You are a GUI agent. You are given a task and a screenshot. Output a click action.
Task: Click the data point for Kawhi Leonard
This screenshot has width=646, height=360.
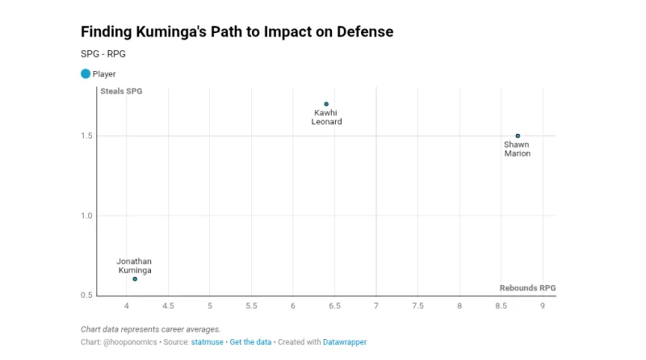pyautogui.click(x=326, y=104)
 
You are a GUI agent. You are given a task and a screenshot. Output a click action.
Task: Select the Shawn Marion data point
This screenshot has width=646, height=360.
pyautogui.click(x=518, y=136)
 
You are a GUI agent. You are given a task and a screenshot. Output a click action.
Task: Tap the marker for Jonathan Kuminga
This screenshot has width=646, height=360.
pyautogui.click(x=135, y=278)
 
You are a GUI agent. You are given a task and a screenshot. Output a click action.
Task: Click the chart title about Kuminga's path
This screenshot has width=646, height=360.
pyautogui.click(x=237, y=32)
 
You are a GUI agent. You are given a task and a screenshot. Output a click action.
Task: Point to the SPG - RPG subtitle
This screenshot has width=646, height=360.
pyautogui.click(x=103, y=54)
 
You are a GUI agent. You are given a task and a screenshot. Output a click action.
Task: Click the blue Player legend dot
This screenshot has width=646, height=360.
pyautogui.click(x=86, y=73)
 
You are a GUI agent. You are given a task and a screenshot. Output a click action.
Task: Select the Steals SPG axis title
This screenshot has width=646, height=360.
pyautogui.click(x=121, y=91)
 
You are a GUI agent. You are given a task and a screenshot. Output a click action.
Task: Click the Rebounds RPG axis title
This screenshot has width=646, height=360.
pyautogui.click(x=527, y=288)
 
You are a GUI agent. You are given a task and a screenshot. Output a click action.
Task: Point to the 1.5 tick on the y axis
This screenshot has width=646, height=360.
pyautogui.click(x=87, y=136)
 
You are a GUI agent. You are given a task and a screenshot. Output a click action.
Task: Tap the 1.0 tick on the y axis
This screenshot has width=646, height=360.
pyautogui.click(x=87, y=216)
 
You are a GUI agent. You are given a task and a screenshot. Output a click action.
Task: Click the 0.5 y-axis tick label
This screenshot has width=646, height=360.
pyautogui.click(x=87, y=295)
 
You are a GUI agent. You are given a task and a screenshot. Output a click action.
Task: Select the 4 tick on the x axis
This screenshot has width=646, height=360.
pyautogui.click(x=127, y=307)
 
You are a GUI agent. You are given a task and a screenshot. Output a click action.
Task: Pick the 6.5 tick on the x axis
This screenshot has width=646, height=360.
pyautogui.click(x=334, y=307)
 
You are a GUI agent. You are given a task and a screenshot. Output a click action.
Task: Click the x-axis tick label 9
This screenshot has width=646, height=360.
pyautogui.click(x=543, y=307)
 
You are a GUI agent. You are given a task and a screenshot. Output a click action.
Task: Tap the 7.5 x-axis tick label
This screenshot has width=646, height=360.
pyautogui.click(x=417, y=307)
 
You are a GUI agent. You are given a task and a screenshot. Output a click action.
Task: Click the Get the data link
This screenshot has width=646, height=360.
pyautogui.click(x=250, y=342)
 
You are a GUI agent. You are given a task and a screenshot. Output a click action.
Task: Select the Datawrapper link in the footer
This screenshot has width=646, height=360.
pyautogui.click(x=346, y=342)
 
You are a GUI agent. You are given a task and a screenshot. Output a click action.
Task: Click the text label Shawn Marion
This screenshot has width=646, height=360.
pyautogui.click(x=517, y=149)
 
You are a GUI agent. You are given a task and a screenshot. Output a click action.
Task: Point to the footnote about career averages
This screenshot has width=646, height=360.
pyautogui.click(x=150, y=329)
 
